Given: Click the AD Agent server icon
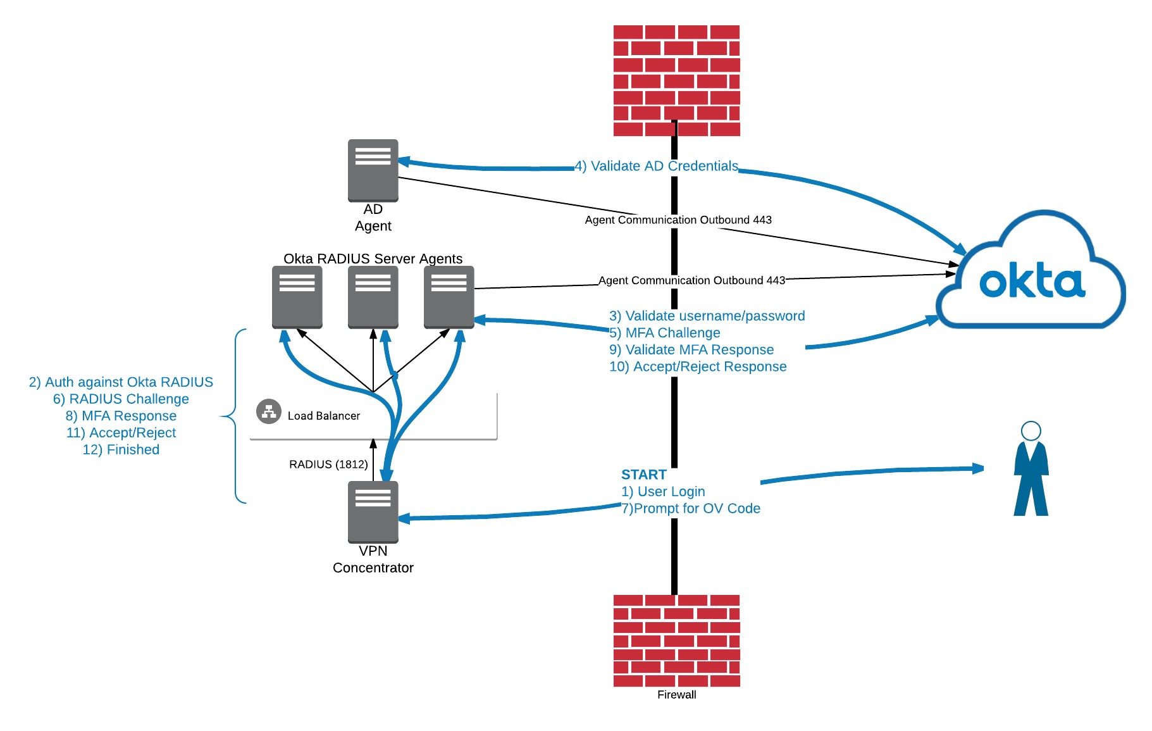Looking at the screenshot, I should coord(373,170).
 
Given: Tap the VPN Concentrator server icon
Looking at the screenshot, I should coord(373,511).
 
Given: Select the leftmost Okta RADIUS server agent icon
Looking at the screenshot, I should coord(297,297).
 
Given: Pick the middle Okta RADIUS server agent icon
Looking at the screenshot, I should coord(373,297).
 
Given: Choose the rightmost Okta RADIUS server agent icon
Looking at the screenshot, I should coord(449,297).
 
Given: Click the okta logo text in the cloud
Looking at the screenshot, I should coord(1032,282).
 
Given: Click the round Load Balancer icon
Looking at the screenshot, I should coord(269,411).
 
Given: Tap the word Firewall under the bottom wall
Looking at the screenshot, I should coord(676,694).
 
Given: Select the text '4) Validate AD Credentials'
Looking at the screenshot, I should coord(656,166).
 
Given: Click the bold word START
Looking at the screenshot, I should coord(643,475).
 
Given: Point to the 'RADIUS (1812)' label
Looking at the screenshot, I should coord(328,464).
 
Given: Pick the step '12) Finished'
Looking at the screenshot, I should coord(121,449).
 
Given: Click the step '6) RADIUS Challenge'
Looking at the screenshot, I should coord(121,399).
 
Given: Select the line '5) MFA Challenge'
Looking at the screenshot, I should coord(664,333).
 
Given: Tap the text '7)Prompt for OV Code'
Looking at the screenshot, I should coord(690,508).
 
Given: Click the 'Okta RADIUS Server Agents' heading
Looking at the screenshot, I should coord(373,258).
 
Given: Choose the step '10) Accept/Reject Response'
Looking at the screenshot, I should coord(698,366).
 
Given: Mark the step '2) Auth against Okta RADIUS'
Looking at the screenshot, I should coord(121,382).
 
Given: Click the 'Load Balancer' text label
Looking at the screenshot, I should coord(323,416).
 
